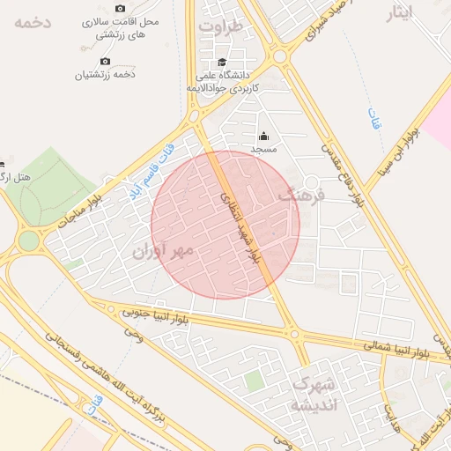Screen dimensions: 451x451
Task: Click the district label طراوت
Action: point(220,26)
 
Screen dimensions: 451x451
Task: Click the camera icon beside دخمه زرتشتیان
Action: point(106,61)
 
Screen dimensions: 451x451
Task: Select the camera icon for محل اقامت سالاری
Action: point(106,19)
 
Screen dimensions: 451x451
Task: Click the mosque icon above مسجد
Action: point(263,136)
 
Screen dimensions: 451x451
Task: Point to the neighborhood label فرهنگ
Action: point(300,195)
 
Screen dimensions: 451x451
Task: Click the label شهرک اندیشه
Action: point(313,396)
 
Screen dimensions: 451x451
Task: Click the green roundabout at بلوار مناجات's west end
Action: point(29,240)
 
